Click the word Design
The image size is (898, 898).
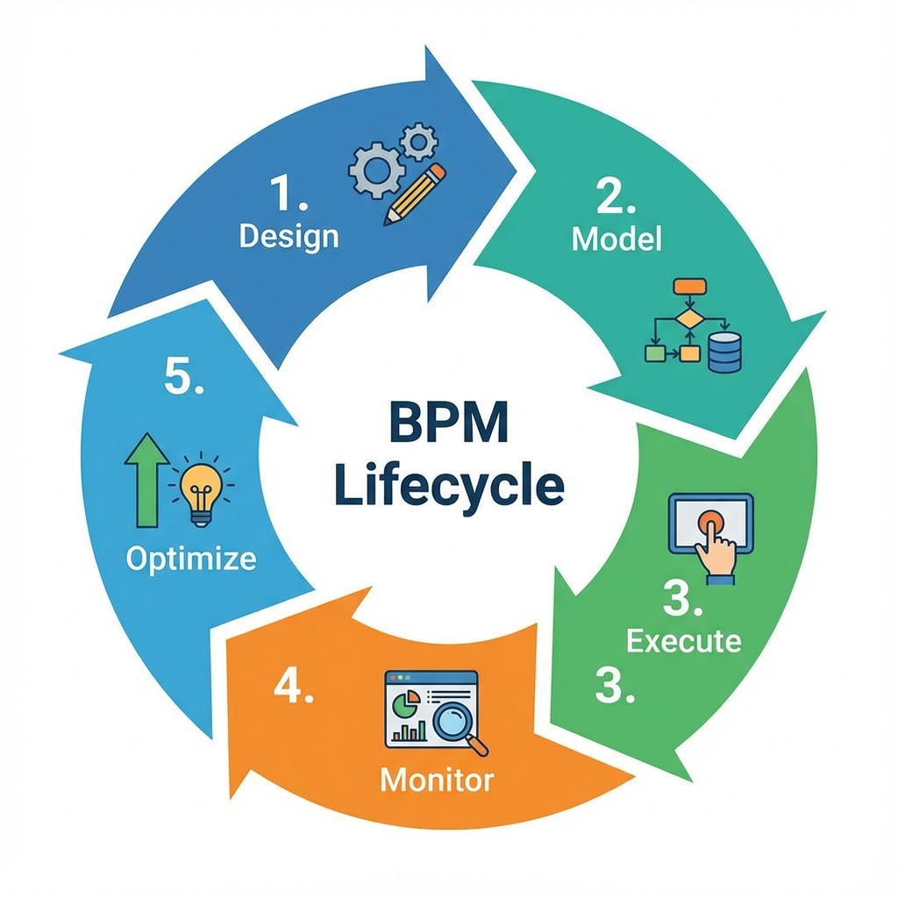289,236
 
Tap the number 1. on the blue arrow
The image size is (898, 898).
288,196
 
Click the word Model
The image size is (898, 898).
616,239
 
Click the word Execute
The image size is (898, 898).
684,640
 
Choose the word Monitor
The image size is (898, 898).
438,778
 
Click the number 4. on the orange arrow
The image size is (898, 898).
294,688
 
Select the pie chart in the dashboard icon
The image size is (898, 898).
404,702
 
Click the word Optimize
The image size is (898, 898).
191,559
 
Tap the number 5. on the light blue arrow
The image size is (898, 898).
186,381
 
